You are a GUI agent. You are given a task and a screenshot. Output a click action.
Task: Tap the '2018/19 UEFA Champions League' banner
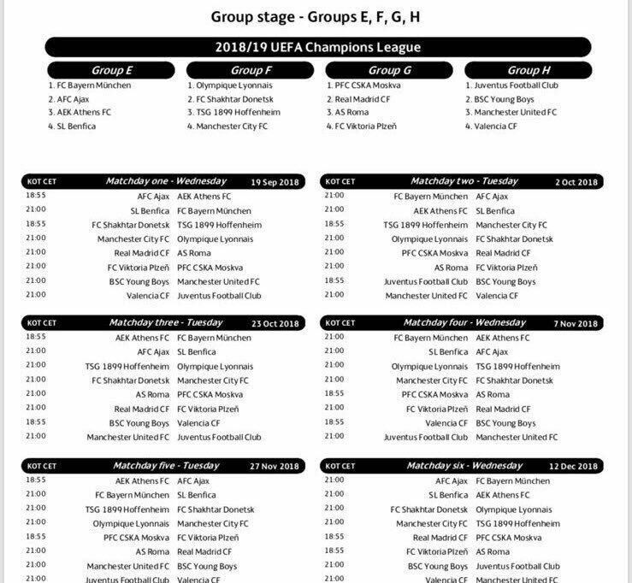[318, 48]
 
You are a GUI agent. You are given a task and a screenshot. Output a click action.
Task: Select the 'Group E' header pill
[113, 70]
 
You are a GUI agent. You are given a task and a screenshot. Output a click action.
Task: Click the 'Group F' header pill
[251, 70]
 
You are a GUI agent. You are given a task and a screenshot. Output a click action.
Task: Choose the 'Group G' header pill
[389, 70]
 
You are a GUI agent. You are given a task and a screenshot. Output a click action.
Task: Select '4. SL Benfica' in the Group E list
[72, 127]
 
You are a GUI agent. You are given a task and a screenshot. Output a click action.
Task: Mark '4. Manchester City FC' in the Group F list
[227, 127]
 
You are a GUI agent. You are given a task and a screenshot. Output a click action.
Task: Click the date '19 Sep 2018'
[275, 182]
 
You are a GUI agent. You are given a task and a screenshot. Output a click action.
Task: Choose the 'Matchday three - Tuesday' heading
[166, 323]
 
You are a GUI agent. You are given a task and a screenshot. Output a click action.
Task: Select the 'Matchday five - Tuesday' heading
[162, 466]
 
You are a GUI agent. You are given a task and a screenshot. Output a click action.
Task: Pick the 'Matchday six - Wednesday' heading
[464, 466]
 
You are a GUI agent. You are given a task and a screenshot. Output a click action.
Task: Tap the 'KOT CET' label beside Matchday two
[340, 182]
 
